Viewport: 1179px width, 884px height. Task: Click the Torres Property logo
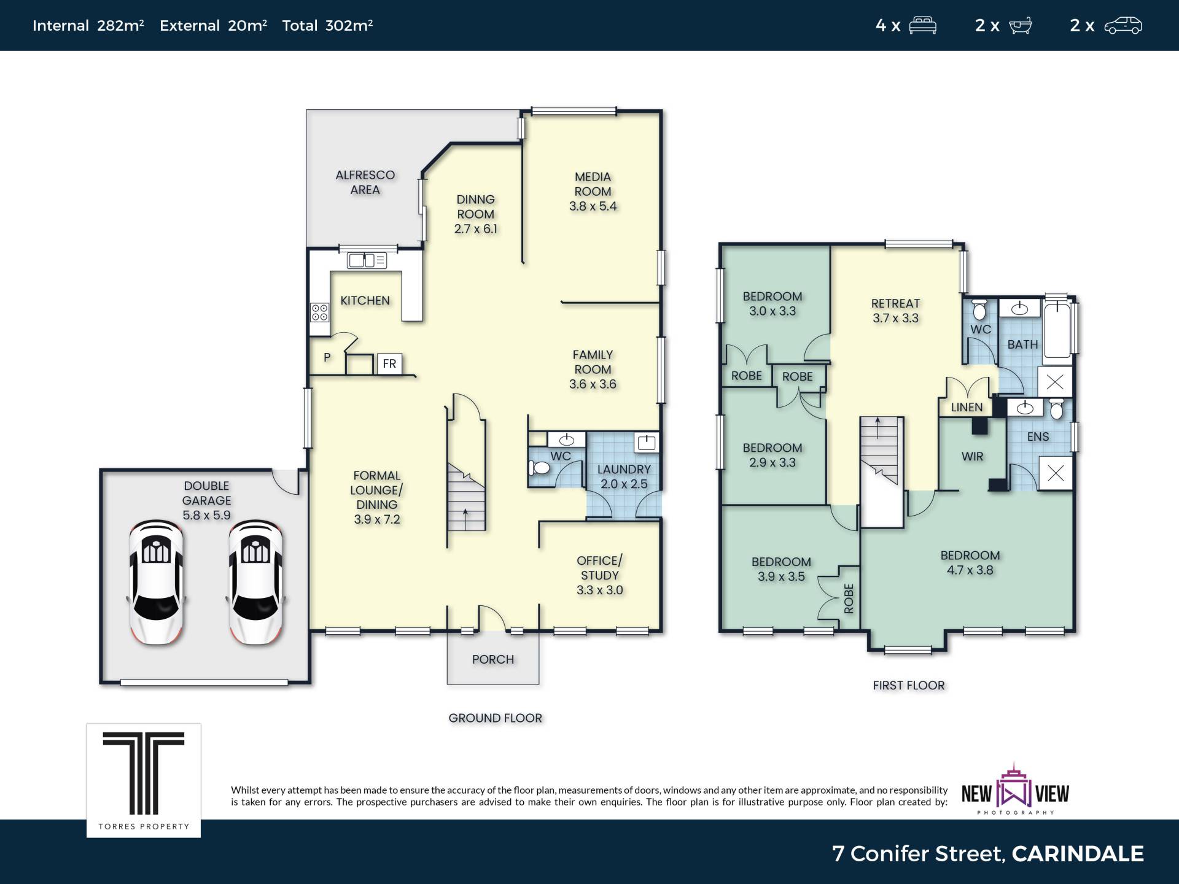[x=143, y=780]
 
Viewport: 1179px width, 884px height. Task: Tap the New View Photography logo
[x=1015, y=789]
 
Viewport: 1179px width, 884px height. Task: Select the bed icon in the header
[x=922, y=26]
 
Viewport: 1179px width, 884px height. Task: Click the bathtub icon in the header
[x=1020, y=26]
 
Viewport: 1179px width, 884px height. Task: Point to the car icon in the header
[x=1123, y=26]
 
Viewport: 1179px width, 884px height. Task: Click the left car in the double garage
[x=157, y=582]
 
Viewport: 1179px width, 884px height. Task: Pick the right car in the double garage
[x=255, y=582]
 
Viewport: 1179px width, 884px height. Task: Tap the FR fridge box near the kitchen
[x=389, y=363]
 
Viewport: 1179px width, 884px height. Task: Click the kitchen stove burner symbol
[x=319, y=312]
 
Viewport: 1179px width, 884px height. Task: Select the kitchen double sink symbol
[x=367, y=260]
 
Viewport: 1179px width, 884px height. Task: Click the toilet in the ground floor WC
[x=539, y=468]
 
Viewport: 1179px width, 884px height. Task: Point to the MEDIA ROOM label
[x=593, y=184]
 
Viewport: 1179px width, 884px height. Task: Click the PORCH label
[x=493, y=659]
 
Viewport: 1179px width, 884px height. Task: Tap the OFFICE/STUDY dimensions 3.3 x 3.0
[x=599, y=590]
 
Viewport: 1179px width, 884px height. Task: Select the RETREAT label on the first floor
[x=895, y=303]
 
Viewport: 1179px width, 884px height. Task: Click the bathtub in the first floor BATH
[x=1057, y=328]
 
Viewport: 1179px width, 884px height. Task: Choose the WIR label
[x=972, y=456]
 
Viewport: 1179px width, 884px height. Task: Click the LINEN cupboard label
[x=967, y=407]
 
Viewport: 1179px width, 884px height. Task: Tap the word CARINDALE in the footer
[x=1078, y=853]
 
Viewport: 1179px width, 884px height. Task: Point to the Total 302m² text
[x=327, y=25]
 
